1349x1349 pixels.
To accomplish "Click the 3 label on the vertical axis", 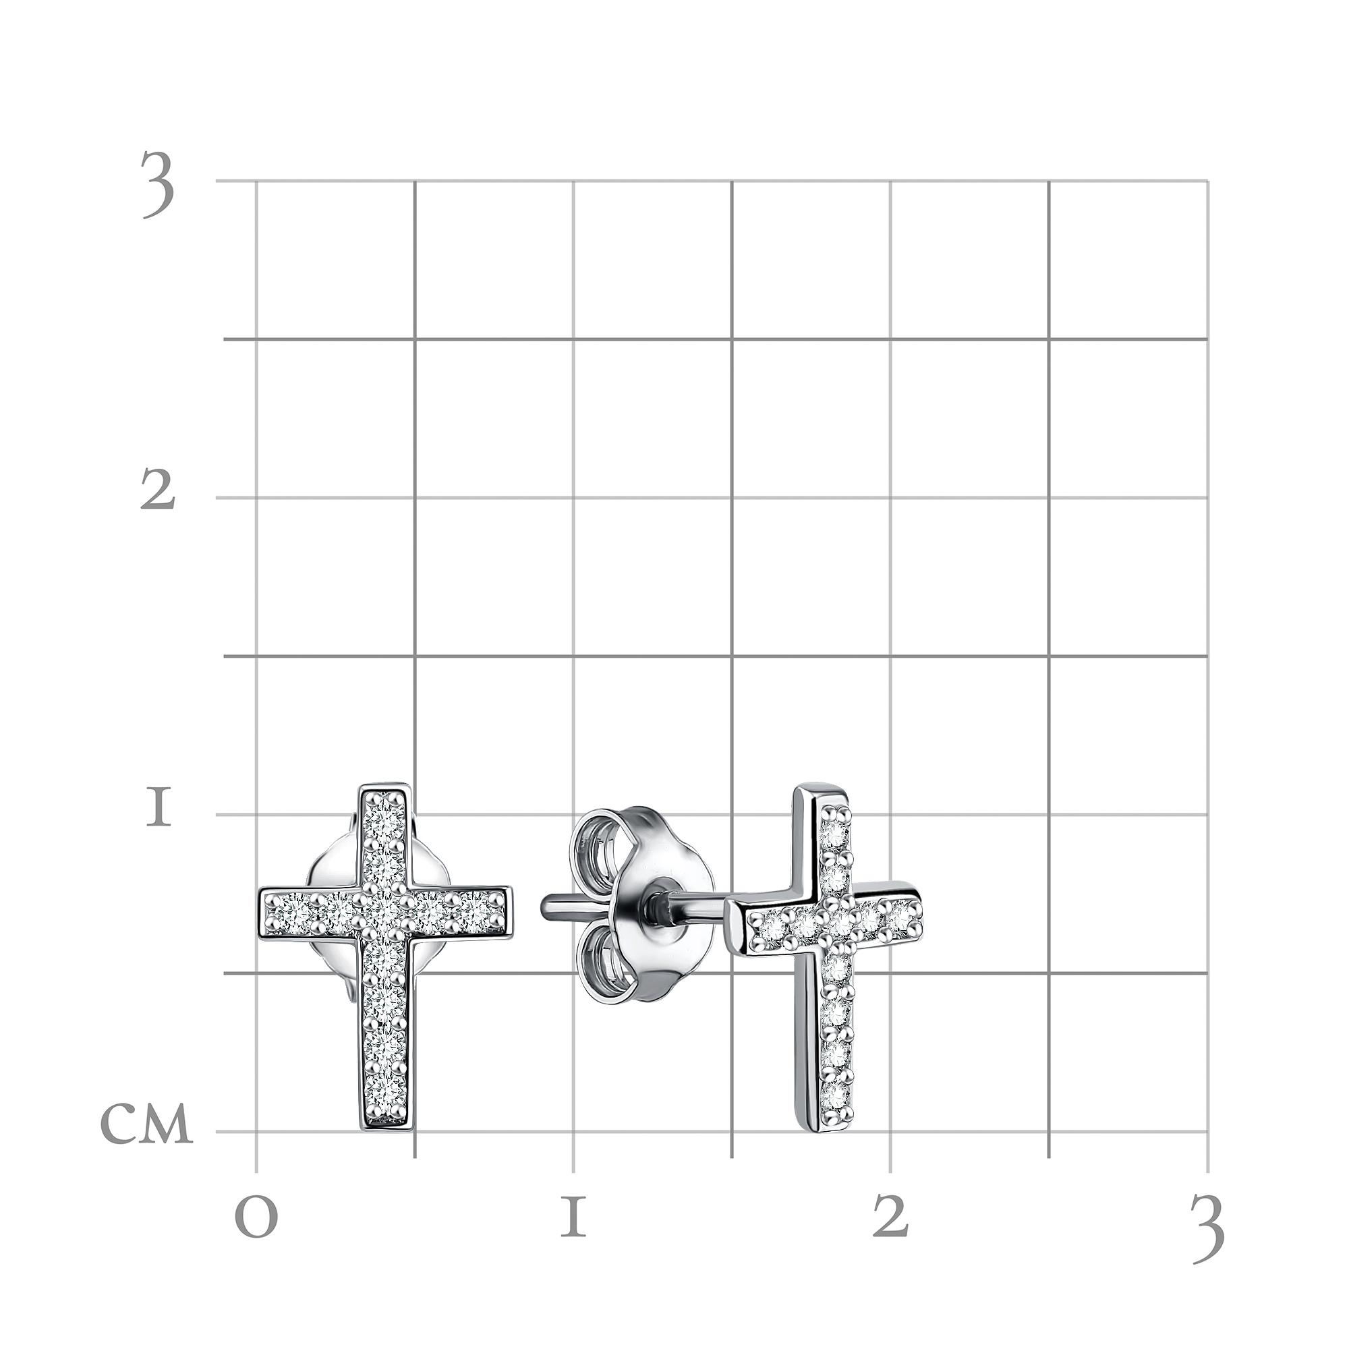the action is pos(157,184).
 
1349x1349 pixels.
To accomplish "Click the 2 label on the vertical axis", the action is pos(157,489).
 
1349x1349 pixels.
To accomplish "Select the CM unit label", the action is pos(146,1126).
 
